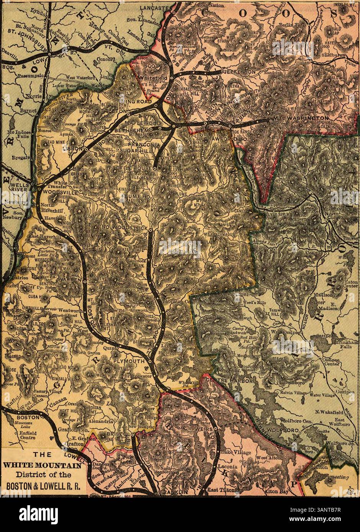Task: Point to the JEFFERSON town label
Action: (240, 72)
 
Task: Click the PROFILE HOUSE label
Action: (131, 168)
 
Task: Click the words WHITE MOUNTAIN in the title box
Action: (42, 466)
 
